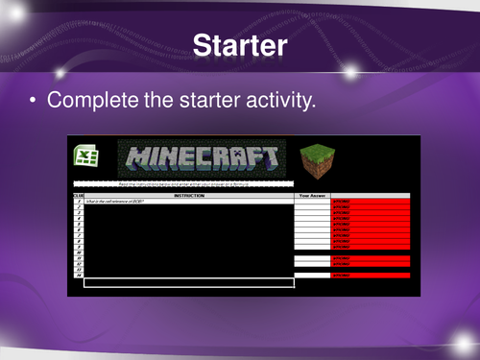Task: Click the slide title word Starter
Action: (x=239, y=44)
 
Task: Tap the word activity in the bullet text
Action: (x=276, y=99)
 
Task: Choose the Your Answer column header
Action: (x=312, y=195)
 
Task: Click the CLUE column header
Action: (x=78, y=195)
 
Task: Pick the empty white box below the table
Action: (x=188, y=282)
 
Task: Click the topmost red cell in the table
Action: (x=371, y=202)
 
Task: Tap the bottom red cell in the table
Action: (x=371, y=276)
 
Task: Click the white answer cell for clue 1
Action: (x=312, y=202)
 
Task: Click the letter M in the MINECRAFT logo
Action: (x=133, y=158)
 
